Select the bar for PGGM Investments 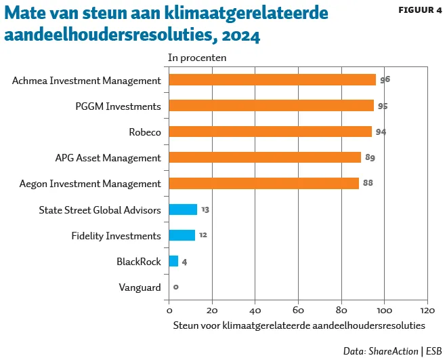tap(271, 106)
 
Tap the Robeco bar tap(270, 132)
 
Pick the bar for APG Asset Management tap(265, 157)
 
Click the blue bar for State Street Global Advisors tap(183, 209)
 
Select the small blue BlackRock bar tap(173, 261)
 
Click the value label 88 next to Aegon tap(368, 184)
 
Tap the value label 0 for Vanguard tap(176, 287)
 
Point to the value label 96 tap(385, 80)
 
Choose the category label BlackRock tap(138, 261)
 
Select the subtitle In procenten tap(197, 58)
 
